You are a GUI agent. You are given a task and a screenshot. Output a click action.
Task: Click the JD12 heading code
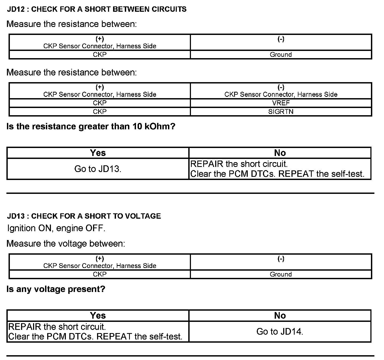16,9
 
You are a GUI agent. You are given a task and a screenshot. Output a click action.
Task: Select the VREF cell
281,103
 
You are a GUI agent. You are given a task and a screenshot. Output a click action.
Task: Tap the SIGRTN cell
281,111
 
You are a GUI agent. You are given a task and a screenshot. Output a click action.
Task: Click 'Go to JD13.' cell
98,169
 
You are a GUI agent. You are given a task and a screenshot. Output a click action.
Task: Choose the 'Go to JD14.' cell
280,331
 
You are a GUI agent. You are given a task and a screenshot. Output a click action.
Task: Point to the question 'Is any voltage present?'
56,289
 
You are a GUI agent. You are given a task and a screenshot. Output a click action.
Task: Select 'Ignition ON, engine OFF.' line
56,228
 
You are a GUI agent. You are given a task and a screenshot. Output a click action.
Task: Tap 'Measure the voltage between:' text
66,243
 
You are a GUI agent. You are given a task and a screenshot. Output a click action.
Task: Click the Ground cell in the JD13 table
281,274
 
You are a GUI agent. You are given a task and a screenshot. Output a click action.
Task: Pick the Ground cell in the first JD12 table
281,55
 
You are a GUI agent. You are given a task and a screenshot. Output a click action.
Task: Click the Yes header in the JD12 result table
98,153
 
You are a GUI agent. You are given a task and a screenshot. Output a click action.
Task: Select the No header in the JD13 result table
280,316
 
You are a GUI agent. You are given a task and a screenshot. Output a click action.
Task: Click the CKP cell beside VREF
100,103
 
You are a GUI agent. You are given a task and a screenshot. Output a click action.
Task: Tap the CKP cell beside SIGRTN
100,111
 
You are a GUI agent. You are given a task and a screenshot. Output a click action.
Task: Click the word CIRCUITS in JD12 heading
169,9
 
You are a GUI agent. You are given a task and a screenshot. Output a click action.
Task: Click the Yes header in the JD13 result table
98,316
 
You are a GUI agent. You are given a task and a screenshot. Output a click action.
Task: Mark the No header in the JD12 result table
280,153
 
